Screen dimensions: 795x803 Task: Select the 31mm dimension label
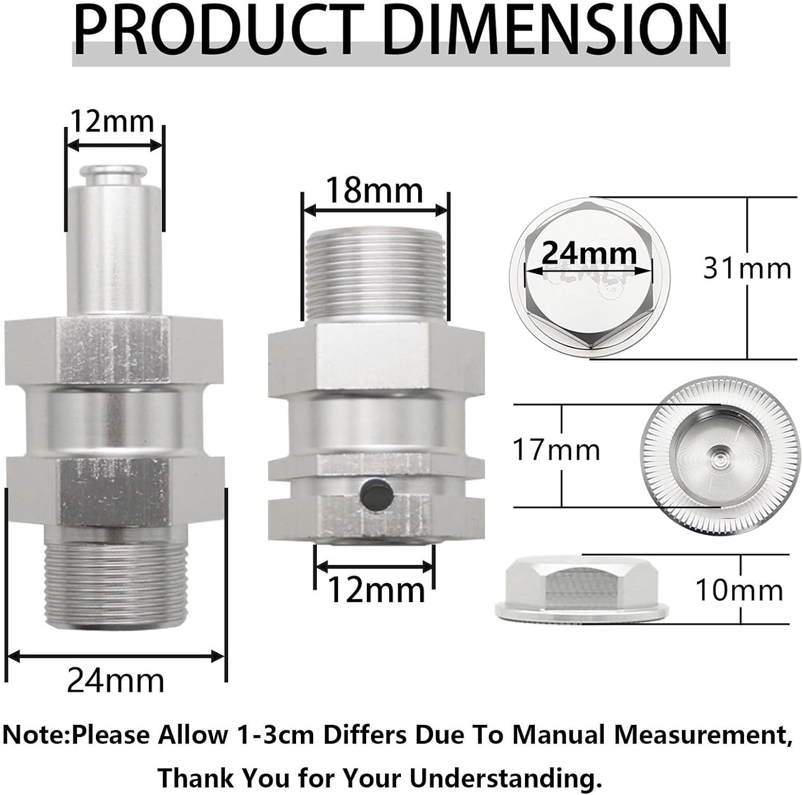pos(747,268)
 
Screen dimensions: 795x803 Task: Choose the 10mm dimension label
pos(739,590)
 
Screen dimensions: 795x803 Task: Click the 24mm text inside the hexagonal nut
pos(589,253)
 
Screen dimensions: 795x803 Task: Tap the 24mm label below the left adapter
pos(115,681)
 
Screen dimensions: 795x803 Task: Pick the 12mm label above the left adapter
pos(112,122)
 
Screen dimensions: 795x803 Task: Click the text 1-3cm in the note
pos(274,735)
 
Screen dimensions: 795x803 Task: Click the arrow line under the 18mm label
pos(375,210)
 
